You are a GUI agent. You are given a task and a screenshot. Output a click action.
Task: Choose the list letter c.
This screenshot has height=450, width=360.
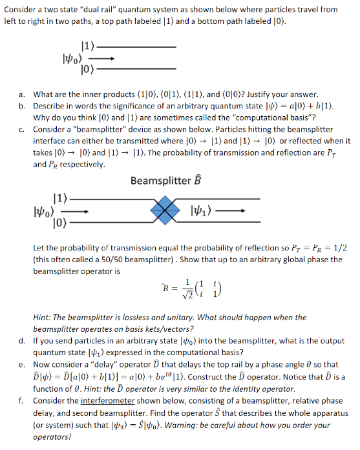(x=22, y=129)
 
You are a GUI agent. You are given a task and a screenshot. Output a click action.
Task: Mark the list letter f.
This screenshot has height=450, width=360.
(x=22, y=400)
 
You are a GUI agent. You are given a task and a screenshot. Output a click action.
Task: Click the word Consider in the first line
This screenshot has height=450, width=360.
(x=22, y=10)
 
